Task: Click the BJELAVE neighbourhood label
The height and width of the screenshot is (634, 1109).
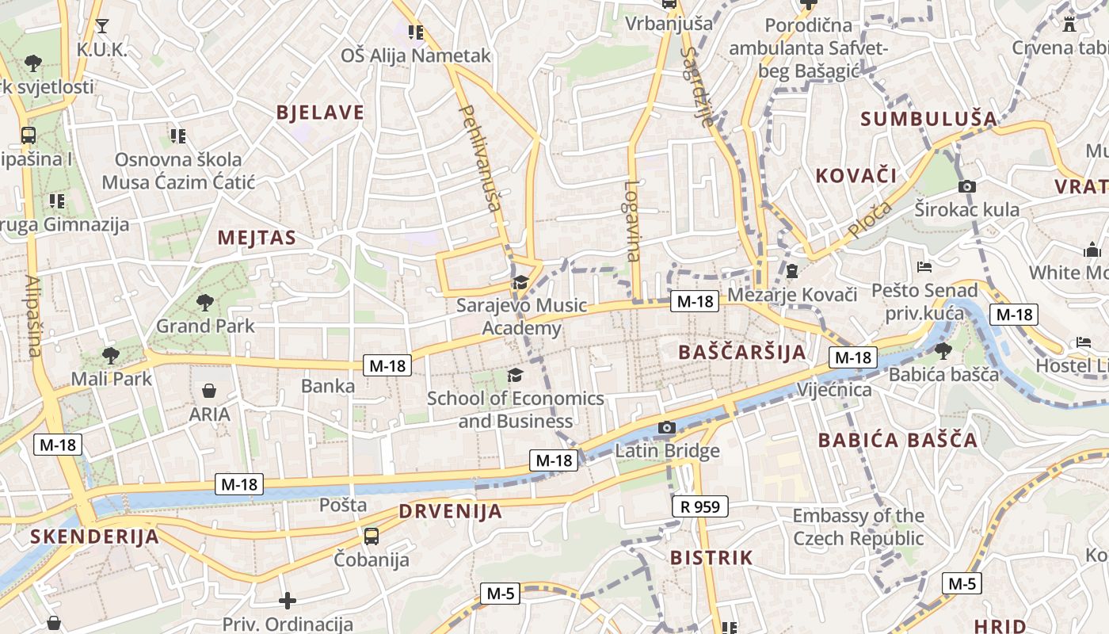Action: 320,113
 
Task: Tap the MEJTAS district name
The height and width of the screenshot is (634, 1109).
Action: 257,238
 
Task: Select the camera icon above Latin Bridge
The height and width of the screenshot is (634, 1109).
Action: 667,428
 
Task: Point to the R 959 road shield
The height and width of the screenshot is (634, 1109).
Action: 700,506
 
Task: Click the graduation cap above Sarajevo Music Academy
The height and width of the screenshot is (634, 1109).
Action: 520,282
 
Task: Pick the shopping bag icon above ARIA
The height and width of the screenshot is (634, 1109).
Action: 209,391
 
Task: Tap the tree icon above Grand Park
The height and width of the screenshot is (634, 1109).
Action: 205,302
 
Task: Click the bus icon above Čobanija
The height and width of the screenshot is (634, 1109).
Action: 372,537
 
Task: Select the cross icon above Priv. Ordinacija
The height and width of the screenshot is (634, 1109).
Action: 288,601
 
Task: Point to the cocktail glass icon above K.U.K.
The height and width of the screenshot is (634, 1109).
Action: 101,26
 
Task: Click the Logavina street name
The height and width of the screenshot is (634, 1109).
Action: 631,221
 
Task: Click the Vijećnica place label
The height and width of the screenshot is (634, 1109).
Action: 834,390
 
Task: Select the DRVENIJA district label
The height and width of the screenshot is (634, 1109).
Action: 450,511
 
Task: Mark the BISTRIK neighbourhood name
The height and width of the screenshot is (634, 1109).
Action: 711,558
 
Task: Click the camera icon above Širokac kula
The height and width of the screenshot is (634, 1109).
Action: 966,187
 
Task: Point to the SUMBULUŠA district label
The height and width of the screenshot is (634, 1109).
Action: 928,119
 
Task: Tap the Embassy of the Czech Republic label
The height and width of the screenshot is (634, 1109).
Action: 859,527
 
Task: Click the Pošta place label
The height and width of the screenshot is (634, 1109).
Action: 343,505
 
